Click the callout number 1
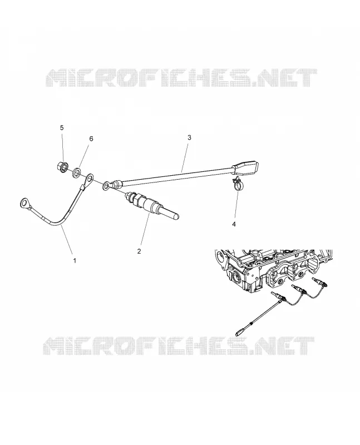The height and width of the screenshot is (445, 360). click(x=75, y=260)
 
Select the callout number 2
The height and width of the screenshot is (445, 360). click(x=139, y=251)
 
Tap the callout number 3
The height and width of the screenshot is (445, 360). click(x=189, y=137)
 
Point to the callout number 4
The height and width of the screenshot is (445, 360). click(x=234, y=224)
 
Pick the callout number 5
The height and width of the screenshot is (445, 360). click(x=62, y=128)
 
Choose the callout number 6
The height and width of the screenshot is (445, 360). click(x=91, y=139)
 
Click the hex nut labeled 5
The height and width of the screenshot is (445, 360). click(x=63, y=167)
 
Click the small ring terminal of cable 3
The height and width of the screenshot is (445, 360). click(x=107, y=186)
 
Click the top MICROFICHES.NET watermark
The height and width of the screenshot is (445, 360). click(x=181, y=77)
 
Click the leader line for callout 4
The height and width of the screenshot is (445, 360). click(x=236, y=205)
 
